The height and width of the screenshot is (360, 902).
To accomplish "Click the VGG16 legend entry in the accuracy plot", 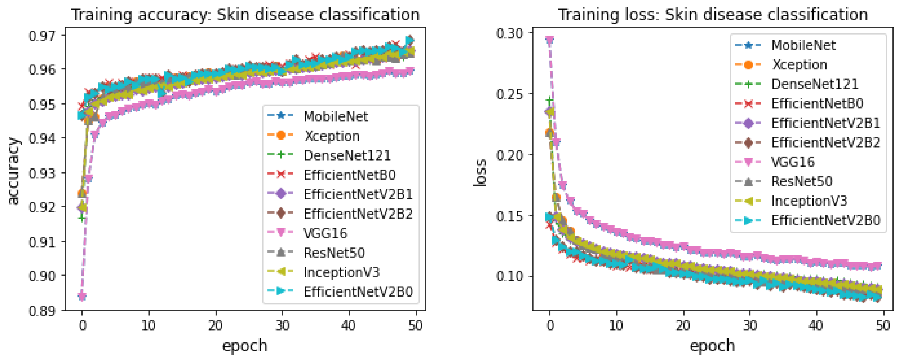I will click(325, 233).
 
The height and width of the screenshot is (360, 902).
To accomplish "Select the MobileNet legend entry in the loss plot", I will click(803, 45).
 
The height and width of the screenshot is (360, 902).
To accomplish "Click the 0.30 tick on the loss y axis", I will click(509, 33).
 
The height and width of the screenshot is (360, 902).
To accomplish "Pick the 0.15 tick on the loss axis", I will click(509, 216).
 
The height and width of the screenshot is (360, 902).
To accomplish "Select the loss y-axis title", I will click(480, 173).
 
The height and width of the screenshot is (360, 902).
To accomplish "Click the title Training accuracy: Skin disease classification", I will click(245, 15).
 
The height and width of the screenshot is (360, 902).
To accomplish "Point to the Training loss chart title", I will click(712, 15).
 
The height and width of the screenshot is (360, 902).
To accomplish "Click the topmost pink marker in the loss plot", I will click(550, 40).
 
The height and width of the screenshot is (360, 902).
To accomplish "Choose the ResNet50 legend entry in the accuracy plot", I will click(334, 253).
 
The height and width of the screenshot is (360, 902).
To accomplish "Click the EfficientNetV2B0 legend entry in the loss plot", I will click(825, 220).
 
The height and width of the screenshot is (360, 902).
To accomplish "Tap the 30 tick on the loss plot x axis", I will click(750, 326).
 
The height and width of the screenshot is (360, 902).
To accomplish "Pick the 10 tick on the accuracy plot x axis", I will click(148, 326).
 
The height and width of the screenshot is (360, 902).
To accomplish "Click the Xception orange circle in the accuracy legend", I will click(281, 136).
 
